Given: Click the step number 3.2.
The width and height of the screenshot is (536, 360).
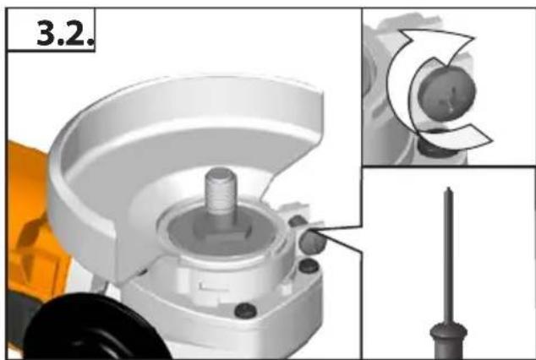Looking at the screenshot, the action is tap(65, 33).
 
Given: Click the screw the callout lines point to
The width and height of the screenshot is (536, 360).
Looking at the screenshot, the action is tap(313, 241).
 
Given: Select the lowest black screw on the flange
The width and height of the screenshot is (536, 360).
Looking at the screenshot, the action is tap(245, 310).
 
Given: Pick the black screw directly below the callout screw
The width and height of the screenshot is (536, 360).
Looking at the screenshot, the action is tap(309, 265).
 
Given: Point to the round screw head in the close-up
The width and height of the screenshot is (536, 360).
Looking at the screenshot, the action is tap(446, 93).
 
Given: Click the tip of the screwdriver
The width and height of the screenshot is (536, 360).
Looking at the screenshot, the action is tap(448, 188).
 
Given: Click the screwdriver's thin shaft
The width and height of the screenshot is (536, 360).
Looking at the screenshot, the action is tap(448, 256).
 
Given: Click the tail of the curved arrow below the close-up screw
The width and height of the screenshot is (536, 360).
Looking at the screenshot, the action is tap(479, 137).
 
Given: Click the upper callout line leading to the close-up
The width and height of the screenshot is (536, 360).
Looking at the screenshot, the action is tap(339, 228).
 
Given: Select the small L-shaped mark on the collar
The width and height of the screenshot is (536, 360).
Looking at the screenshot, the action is tap(212, 287).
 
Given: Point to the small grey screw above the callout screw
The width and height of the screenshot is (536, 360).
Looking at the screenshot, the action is tap(297, 221).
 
